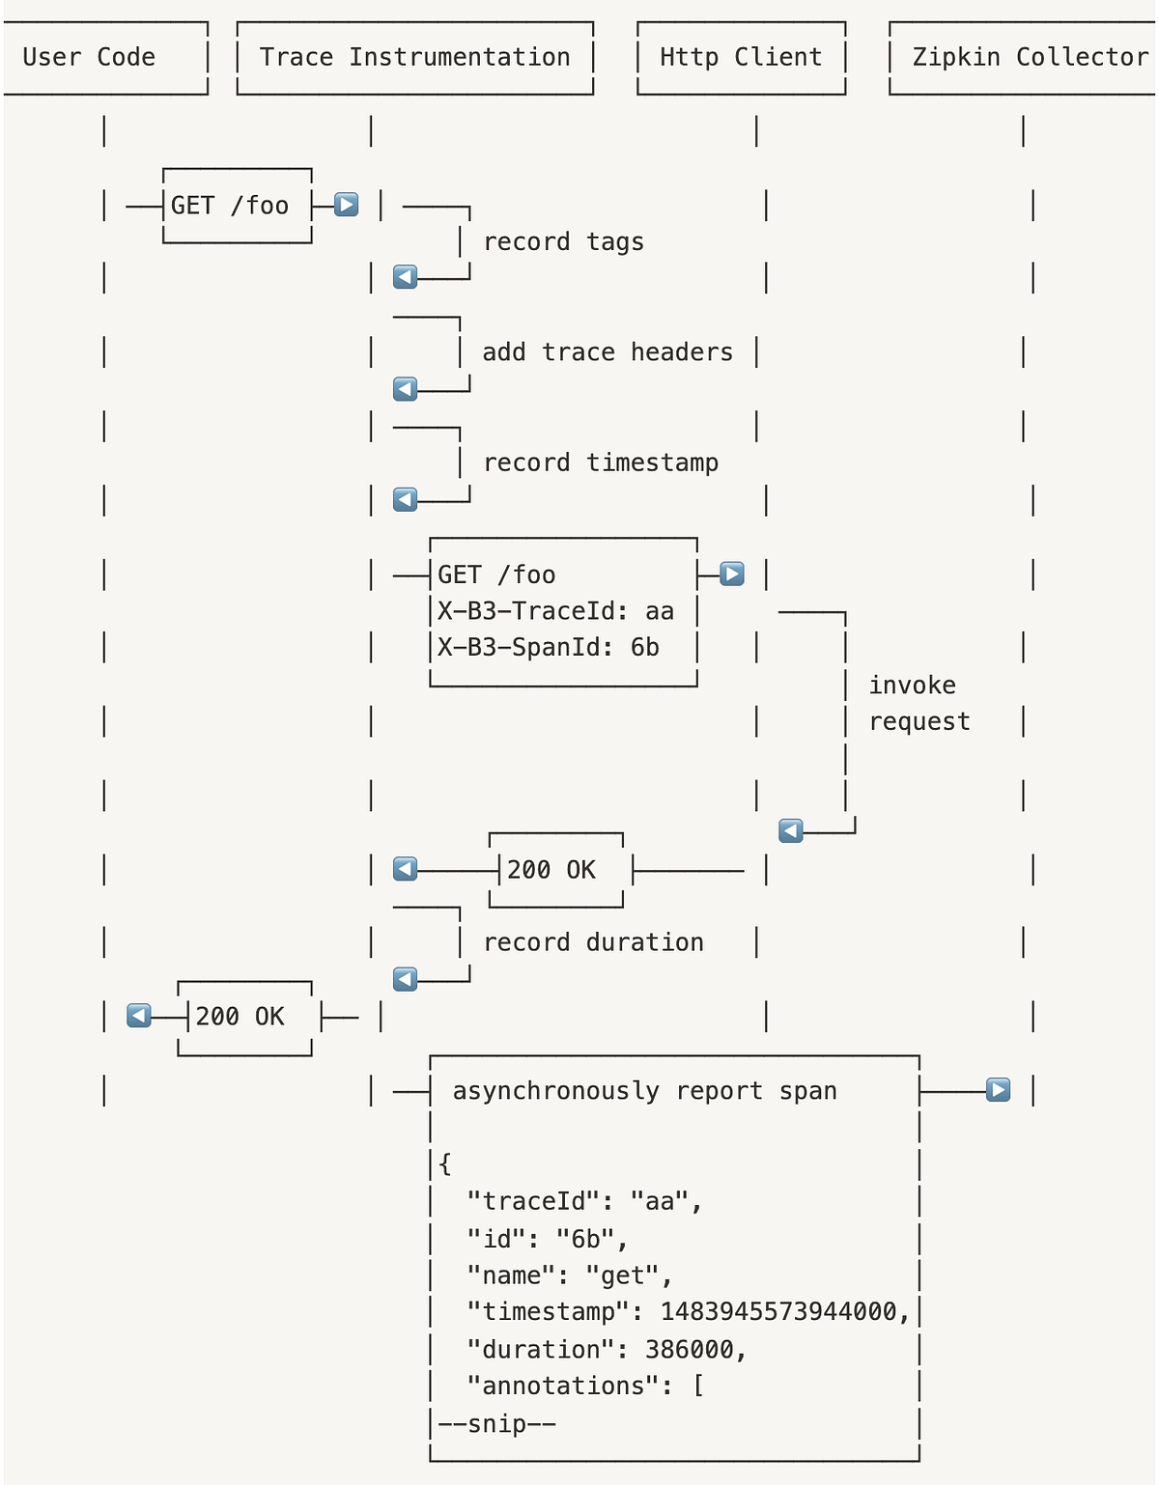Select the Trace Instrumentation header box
pyautogui.click(x=414, y=57)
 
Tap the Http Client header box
pyautogui.click(x=741, y=57)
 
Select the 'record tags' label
pyautogui.click(x=563, y=241)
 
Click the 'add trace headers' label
pyautogui.click(x=608, y=352)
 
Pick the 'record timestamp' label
pyautogui.click(x=601, y=462)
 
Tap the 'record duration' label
pyautogui.click(x=593, y=942)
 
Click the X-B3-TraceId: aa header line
pyautogui.click(x=555, y=611)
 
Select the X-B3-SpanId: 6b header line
pyautogui.click(x=549, y=648)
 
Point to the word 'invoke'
pyautogui.click(x=912, y=686)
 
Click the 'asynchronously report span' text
pyautogui.click(x=644, y=1091)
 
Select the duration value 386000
pyautogui.click(x=689, y=1349)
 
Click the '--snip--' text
pyautogui.click(x=496, y=1423)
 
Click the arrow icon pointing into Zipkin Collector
pyautogui.click(x=998, y=1090)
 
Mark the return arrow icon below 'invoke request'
pyautogui.click(x=791, y=830)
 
